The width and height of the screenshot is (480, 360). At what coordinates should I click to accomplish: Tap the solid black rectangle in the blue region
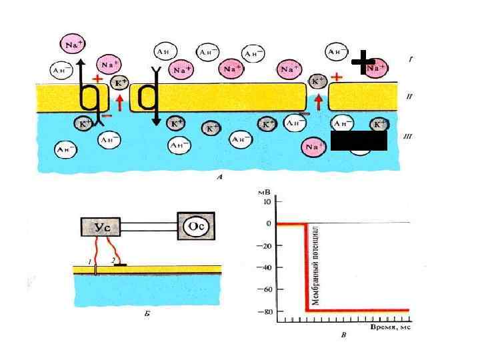(359, 141)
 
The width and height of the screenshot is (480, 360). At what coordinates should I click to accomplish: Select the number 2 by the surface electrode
(113, 259)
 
